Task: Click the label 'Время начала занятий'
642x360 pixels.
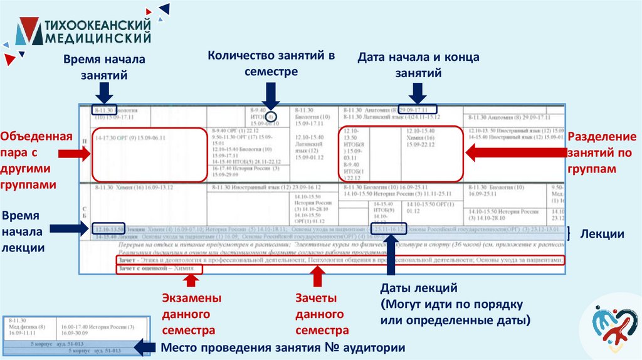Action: [103, 67]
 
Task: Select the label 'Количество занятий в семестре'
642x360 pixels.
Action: [271, 63]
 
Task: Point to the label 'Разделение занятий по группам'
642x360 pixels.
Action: [601, 153]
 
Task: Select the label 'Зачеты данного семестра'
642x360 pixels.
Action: [320, 313]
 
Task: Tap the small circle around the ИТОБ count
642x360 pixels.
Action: [270, 117]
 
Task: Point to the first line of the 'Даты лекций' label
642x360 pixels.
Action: [420, 289]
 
